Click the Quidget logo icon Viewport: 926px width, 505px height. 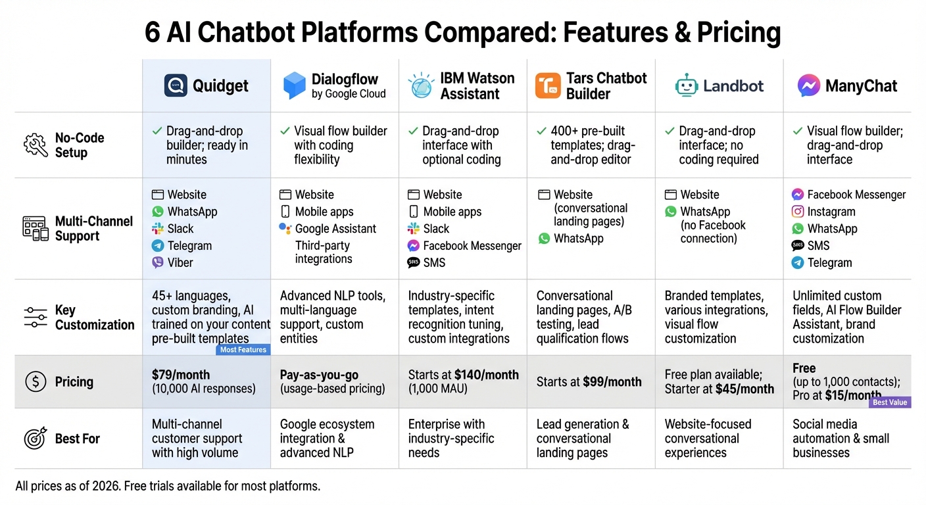coord(176,85)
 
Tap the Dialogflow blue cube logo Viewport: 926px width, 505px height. coord(295,86)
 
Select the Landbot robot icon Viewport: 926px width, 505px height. coord(687,86)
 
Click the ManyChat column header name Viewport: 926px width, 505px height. coord(861,86)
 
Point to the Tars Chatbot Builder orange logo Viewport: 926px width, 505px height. coord(548,86)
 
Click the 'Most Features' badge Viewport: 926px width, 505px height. coord(243,350)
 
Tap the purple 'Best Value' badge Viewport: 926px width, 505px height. coord(890,402)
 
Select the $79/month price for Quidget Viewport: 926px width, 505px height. coord(181,375)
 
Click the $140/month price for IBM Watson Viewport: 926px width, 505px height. coord(487,375)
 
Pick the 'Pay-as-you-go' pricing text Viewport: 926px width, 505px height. coord(319,375)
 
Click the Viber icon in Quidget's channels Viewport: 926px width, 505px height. coord(158,262)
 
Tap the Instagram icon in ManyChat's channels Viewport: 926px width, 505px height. coord(798,212)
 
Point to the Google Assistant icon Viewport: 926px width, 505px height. coord(285,228)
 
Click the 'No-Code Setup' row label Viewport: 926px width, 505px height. coord(80,145)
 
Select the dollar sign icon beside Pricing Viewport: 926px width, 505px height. coord(35,382)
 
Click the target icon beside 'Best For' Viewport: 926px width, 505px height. coord(35,439)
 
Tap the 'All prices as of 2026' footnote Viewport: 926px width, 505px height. coord(167,487)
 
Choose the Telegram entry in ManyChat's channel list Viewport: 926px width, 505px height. coord(829,262)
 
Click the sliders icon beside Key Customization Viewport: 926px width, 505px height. coord(35,317)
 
